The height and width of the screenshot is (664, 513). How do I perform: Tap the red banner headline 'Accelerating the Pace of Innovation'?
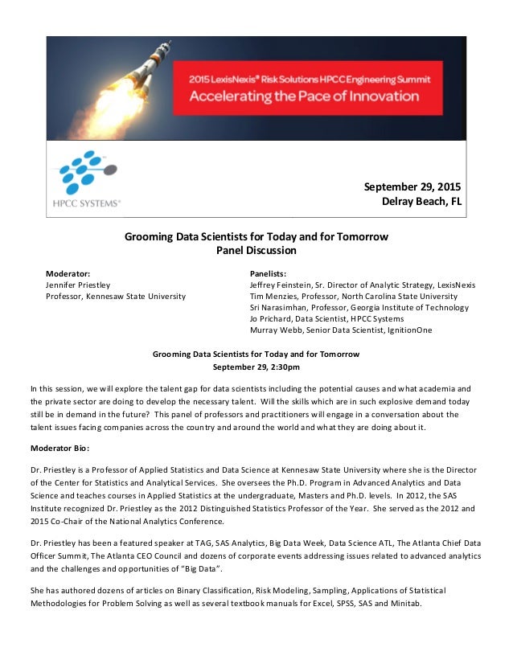(x=304, y=96)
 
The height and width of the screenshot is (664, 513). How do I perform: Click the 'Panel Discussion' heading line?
(x=256, y=250)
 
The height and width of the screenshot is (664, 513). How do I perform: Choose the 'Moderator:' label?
(x=68, y=273)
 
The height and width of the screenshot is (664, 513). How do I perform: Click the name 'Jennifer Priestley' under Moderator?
(x=78, y=285)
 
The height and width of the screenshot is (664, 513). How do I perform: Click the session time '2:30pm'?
(x=283, y=367)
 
